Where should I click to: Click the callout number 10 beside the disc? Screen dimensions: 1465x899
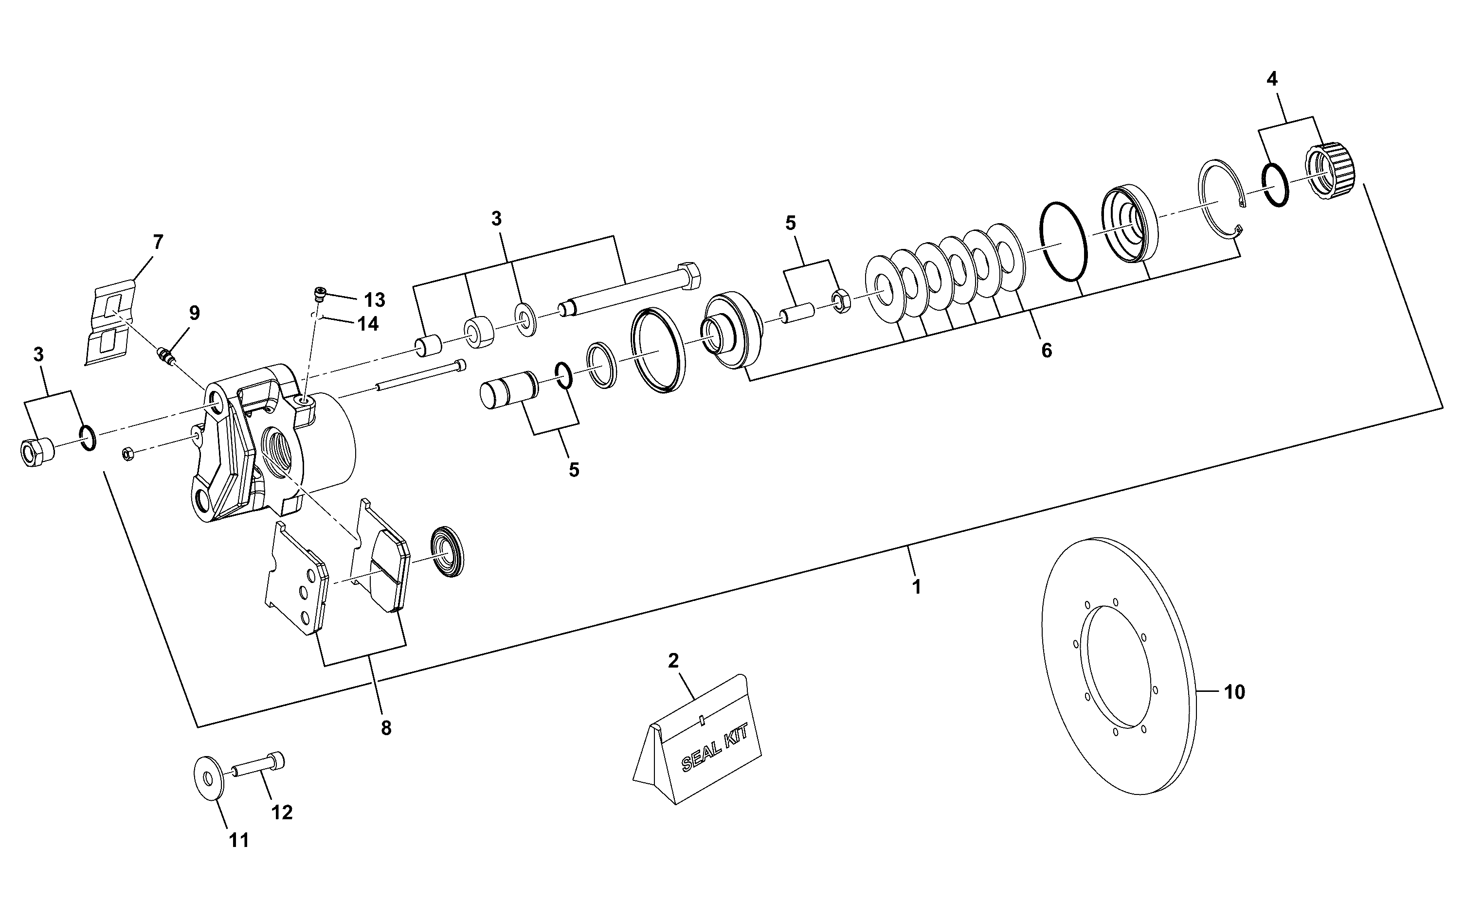click(x=1235, y=692)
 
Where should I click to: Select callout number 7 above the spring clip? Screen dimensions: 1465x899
click(x=158, y=242)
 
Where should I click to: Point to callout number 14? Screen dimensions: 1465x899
click(x=368, y=323)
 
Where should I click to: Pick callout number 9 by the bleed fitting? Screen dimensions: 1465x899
click(x=195, y=313)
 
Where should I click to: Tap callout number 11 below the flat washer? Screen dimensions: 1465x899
click(x=239, y=841)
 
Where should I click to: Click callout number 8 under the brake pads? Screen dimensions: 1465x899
click(x=386, y=728)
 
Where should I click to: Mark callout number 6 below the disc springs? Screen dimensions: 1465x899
click(x=1046, y=350)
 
